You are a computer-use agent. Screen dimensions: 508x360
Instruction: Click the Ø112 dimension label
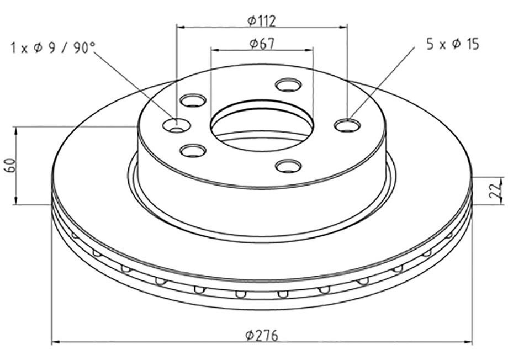point(261,21)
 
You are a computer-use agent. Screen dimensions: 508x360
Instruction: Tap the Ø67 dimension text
point(262,44)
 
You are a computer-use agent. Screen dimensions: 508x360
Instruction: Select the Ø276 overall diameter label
point(262,335)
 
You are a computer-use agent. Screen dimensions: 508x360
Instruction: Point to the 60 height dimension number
point(10,165)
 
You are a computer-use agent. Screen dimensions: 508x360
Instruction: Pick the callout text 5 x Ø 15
point(453,44)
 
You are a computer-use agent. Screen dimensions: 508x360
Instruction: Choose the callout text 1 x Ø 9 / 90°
point(53,48)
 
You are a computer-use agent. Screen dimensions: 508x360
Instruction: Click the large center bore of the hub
point(262,125)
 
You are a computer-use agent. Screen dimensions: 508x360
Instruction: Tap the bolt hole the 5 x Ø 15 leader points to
point(347,125)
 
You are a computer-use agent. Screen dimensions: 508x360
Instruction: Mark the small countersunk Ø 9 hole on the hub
point(176,126)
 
